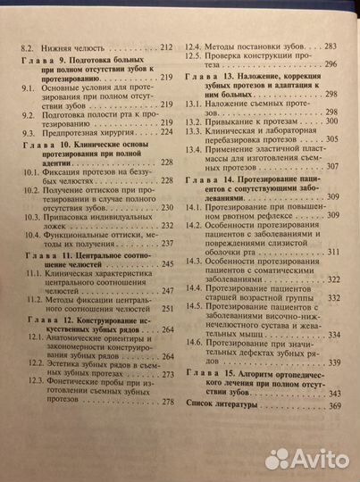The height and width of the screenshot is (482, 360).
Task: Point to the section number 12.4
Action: coord(195,46)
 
